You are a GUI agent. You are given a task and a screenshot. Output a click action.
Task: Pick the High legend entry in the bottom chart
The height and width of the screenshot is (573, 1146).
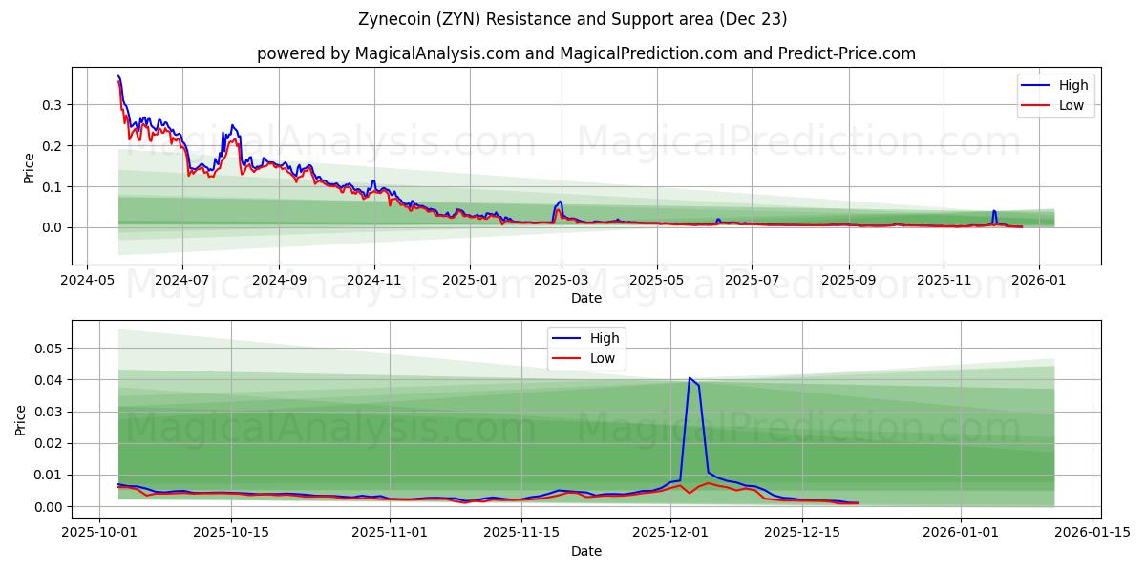coord(604,338)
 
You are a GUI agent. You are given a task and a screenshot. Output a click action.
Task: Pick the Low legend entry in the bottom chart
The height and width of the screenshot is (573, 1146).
coord(602,358)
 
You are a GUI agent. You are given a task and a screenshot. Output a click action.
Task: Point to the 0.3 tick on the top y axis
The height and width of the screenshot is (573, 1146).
coord(53,104)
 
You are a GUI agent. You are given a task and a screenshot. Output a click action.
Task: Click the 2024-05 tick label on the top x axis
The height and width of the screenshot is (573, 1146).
coord(88,281)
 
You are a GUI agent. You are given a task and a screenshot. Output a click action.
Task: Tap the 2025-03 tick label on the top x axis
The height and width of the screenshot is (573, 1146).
coord(562,281)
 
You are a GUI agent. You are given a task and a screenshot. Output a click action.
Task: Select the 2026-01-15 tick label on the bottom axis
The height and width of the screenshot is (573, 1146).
coord(1092,533)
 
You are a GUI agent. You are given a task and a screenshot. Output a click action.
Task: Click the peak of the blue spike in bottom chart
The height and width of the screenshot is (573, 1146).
coord(690,378)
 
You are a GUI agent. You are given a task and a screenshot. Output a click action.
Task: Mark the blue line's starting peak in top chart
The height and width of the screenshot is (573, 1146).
coord(118,76)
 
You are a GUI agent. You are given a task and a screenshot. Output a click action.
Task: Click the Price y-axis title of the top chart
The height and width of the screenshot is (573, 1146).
coord(29,167)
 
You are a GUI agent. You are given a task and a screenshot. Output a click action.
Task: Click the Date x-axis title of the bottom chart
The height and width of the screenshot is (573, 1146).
coord(585,551)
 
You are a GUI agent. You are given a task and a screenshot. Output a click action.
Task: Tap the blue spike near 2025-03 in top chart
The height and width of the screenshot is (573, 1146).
coord(560,202)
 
